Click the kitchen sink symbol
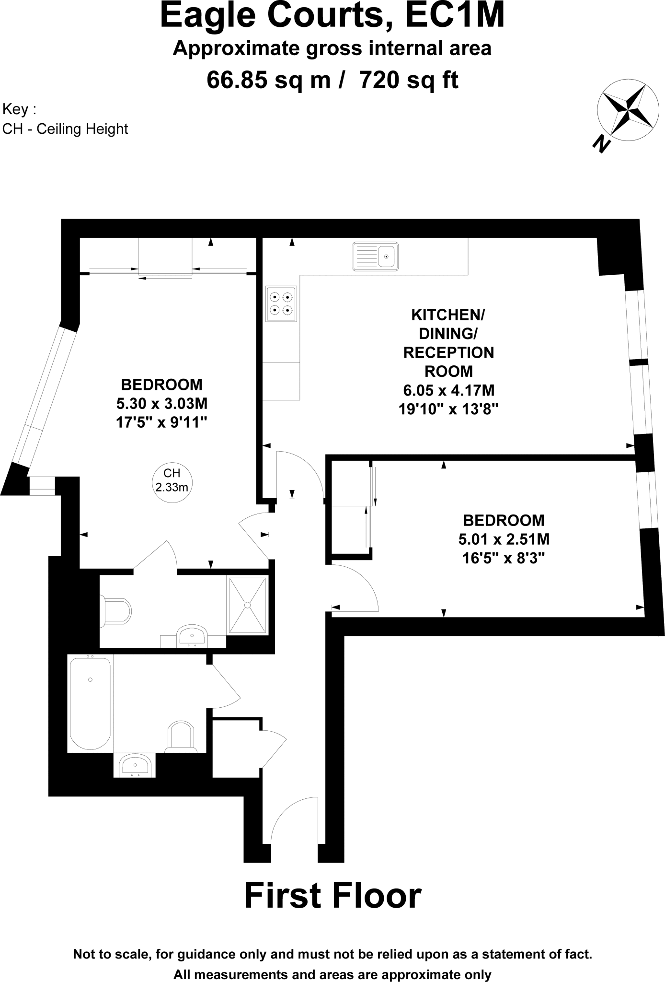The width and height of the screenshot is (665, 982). click(376, 256)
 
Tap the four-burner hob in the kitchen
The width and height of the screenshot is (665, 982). click(281, 304)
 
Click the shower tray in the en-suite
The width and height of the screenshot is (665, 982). click(248, 605)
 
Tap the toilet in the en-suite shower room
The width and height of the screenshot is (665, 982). click(115, 611)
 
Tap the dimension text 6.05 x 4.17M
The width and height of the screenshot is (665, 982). click(448, 391)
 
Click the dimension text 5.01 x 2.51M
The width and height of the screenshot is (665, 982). click(504, 539)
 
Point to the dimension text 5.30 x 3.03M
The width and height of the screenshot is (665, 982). click(162, 403)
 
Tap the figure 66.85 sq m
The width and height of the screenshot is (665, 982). click(268, 80)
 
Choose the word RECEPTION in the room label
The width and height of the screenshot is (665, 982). click(448, 352)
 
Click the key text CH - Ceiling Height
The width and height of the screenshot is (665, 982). click(65, 129)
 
